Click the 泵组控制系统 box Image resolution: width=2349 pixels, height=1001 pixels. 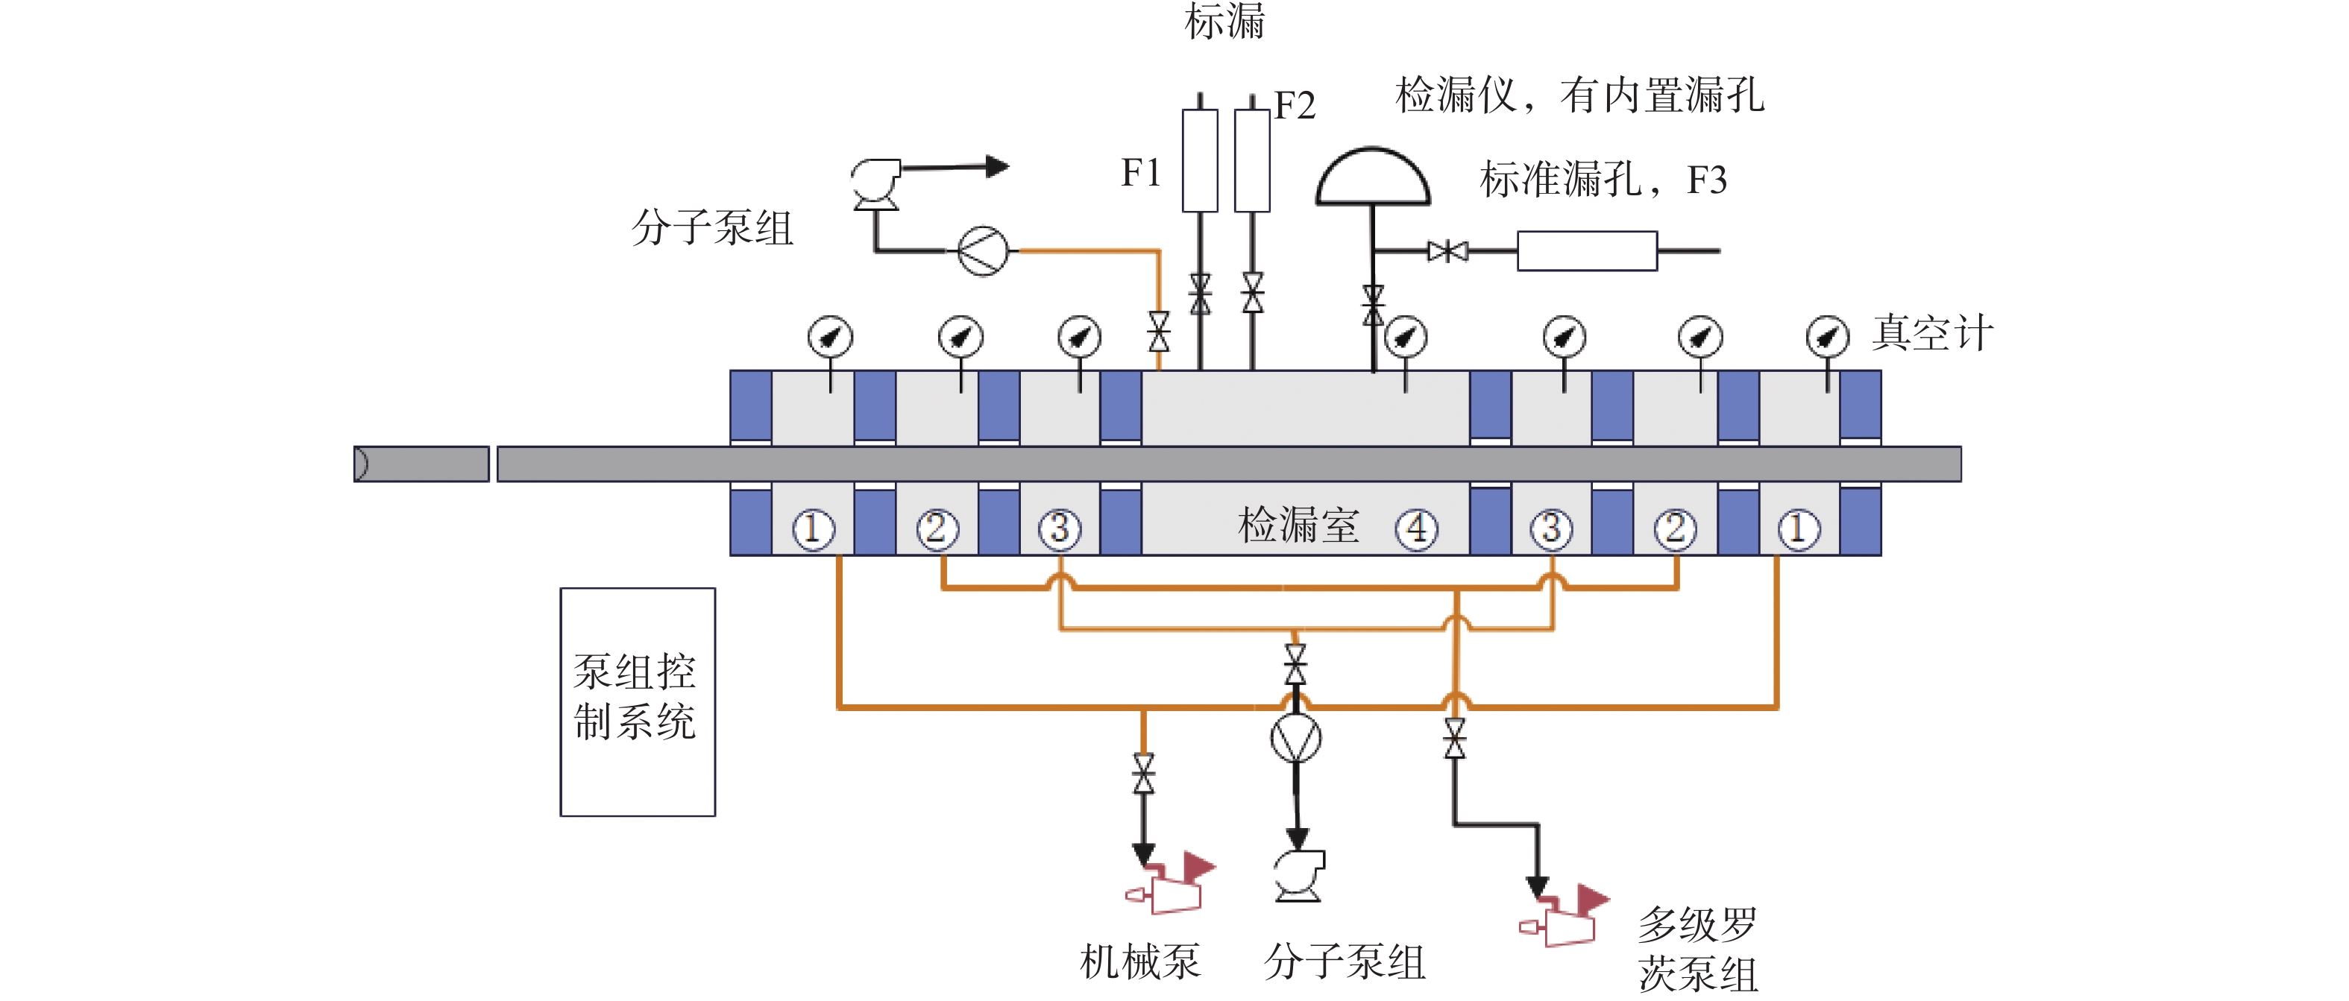(638, 701)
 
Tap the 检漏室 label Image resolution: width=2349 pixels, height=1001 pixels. (1298, 525)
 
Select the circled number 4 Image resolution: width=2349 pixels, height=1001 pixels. (1416, 528)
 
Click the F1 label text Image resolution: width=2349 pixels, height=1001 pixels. (1141, 172)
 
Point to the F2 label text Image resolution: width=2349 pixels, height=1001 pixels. (1295, 106)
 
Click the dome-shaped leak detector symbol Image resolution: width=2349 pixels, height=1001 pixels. (1372, 176)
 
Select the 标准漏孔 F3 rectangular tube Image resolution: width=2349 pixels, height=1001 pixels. (1587, 250)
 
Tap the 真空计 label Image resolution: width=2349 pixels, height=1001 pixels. (1932, 332)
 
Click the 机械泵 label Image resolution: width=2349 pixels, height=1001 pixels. (1140, 961)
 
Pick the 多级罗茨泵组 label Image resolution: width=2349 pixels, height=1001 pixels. (1697, 949)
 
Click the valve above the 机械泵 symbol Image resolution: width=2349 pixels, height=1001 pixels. (1142, 773)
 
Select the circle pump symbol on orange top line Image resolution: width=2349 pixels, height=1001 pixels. (983, 250)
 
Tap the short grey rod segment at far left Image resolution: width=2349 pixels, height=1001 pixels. (421, 464)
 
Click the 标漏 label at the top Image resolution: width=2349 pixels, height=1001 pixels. (1224, 21)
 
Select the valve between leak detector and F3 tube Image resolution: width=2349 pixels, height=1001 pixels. (1447, 250)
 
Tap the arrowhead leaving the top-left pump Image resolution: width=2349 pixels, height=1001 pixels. (998, 167)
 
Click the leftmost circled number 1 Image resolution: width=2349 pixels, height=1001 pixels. (813, 528)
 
